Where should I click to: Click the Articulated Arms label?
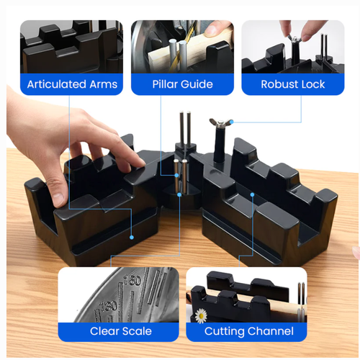(72, 84)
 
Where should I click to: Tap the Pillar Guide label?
(182, 84)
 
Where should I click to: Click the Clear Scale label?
(120, 331)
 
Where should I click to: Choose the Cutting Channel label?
(248, 331)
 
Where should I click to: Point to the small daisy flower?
(200, 315)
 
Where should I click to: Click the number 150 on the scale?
(132, 279)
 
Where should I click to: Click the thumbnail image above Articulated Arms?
(72, 46)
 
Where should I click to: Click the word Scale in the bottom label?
(136, 331)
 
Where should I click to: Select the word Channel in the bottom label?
(270, 331)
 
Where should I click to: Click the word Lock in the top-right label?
(312, 84)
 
